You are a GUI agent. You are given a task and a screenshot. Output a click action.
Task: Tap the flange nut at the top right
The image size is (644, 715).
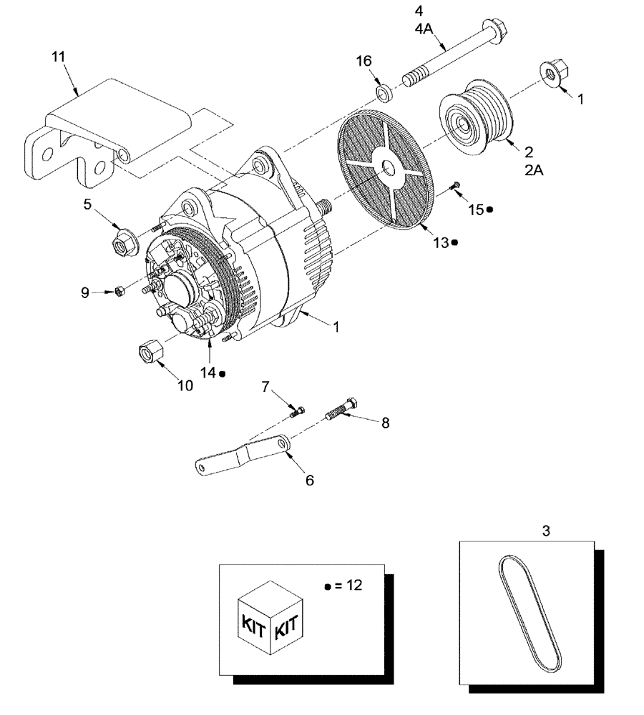pos(550,73)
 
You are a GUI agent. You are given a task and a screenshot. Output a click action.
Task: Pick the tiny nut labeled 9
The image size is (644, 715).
pos(121,290)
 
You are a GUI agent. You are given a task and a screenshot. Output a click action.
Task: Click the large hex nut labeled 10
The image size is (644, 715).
pos(149,352)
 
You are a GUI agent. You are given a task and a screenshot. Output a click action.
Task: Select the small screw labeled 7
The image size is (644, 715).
pos(297,410)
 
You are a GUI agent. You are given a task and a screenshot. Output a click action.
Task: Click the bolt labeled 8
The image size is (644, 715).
pos(342,411)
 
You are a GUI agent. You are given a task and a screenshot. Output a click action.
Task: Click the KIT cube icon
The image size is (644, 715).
pos(270,618)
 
